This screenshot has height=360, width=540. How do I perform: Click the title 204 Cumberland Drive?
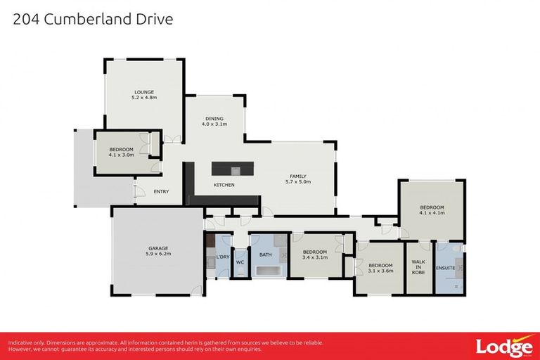tap(93, 19)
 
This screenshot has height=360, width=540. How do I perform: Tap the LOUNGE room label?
tap(144, 92)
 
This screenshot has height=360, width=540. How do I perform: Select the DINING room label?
tap(214, 119)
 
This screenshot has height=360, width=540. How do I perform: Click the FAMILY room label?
tap(298, 176)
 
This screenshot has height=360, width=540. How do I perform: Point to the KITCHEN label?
tap(224, 185)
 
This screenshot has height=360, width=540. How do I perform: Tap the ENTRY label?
tap(161, 191)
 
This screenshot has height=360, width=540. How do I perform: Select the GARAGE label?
tap(157, 247)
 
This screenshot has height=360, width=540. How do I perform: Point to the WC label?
tap(240, 262)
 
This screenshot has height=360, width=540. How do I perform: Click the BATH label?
tap(265, 255)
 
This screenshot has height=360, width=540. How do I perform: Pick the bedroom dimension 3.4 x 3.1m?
tap(315, 258)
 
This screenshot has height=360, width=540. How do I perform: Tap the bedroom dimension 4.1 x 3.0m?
tap(122, 155)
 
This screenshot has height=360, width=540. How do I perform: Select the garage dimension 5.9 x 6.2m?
tap(157, 253)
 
